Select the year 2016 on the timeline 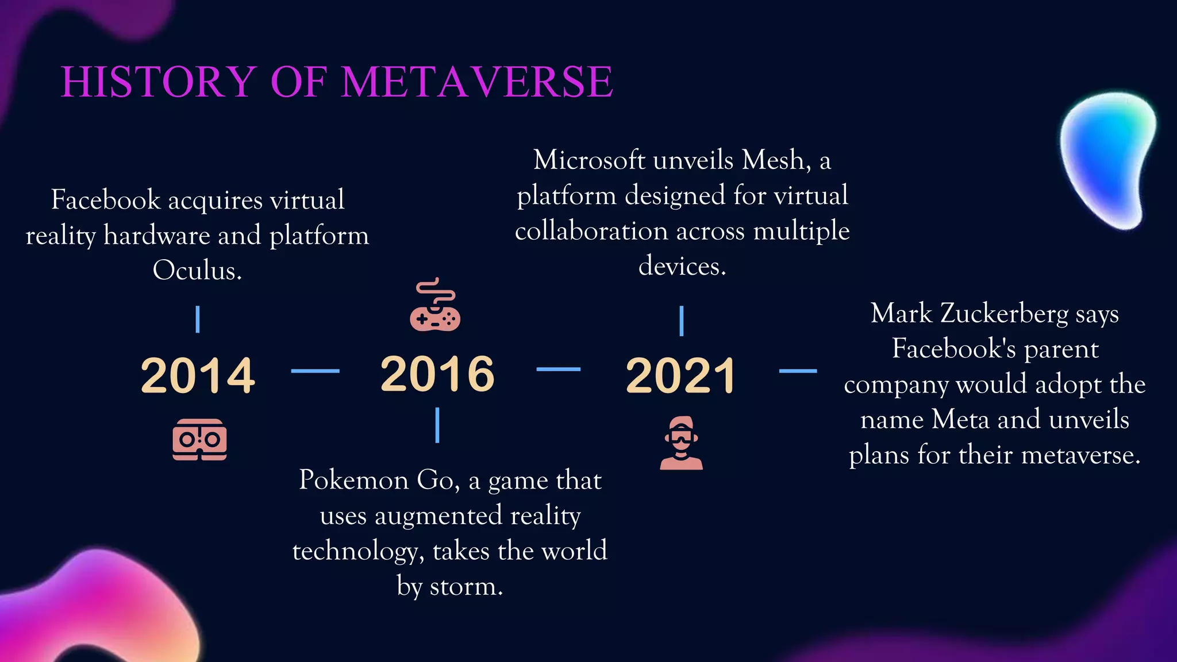437,374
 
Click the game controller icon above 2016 435,306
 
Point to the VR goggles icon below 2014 199,440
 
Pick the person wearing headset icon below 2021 681,443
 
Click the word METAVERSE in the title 477,82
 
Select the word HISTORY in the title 159,82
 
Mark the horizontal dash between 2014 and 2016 315,371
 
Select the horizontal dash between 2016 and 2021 558,370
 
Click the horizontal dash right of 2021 798,371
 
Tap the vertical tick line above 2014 198,320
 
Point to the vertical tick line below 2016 437,425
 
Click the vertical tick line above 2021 681,321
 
